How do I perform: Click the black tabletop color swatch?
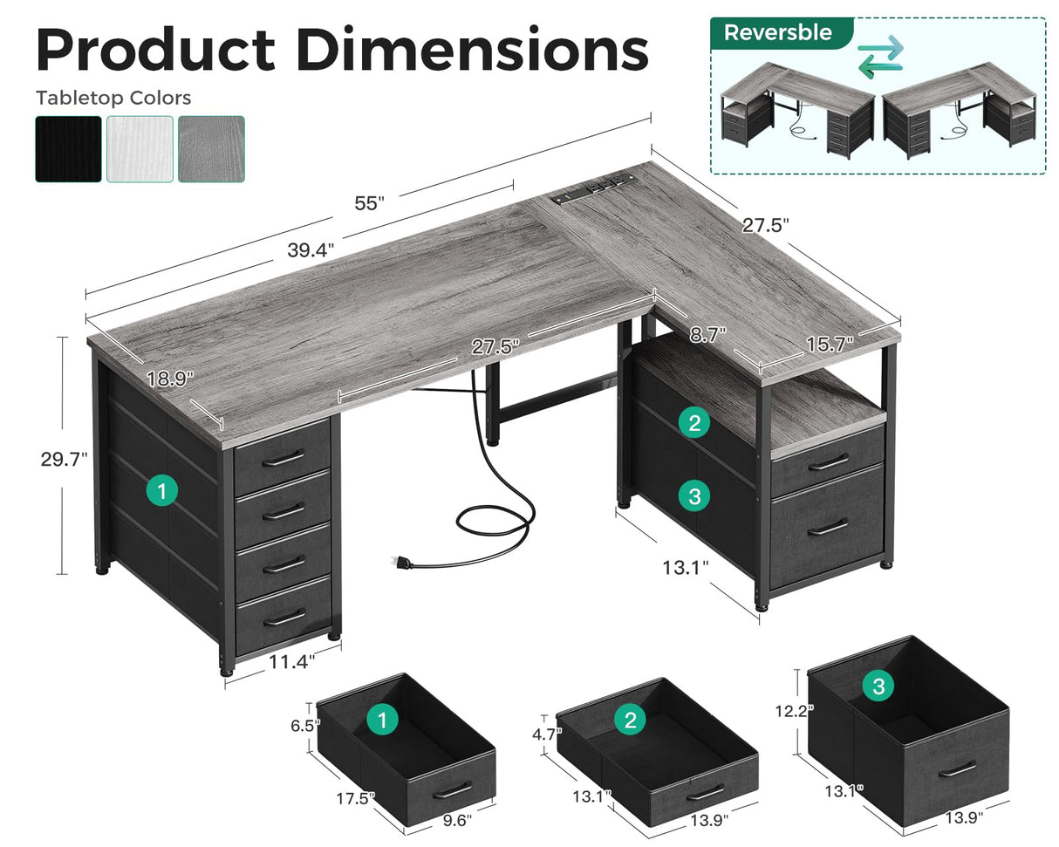click(x=68, y=149)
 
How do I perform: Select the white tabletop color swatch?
click(x=140, y=149)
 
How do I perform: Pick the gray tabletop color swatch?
click(x=211, y=149)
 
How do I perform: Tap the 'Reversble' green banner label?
click(x=777, y=33)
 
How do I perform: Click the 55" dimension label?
click(x=369, y=203)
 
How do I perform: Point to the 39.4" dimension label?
click(x=311, y=250)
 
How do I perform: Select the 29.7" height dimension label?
click(x=65, y=459)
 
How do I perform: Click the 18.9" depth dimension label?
click(x=170, y=379)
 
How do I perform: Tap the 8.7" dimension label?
click(x=707, y=332)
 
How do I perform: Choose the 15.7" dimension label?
click(x=828, y=344)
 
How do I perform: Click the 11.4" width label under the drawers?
click(x=290, y=660)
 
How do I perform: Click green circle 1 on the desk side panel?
click(x=161, y=491)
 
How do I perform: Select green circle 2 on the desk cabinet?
click(x=694, y=424)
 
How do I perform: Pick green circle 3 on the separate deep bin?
click(x=878, y=686)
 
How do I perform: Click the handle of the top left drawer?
click(x=283, y=457)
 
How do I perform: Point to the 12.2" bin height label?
click(x=794, y=710)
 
